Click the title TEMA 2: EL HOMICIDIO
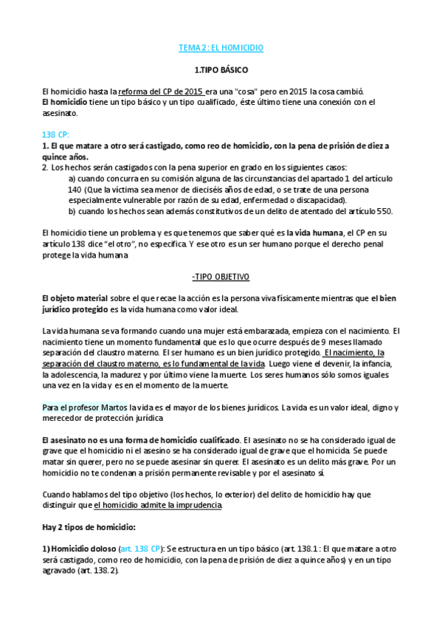(x=221, y=48)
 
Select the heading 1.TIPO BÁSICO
(x=221, y=70)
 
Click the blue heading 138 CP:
(x=56, y=135)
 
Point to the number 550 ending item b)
(x=384, y=210)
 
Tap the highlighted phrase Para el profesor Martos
(x=84, y=407)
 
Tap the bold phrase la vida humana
(x=319, y=233)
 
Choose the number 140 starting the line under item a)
(x=75, y=190)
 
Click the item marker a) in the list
(x=72, y=179)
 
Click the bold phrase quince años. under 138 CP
(x=65, y=157)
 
